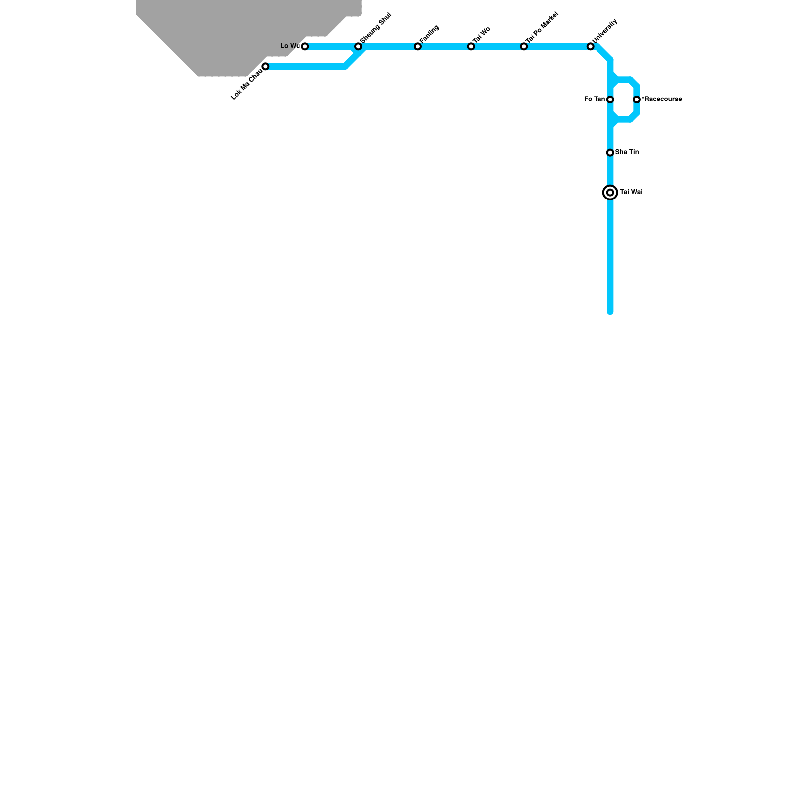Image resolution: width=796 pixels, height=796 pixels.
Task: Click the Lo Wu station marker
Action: click(x=305, y=47)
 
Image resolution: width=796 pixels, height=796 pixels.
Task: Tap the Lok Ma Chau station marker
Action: click(x=265, y=67)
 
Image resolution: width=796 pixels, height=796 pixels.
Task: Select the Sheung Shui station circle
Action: click(x=358, y=47)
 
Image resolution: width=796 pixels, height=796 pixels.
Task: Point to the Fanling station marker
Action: click(x=418, y=47)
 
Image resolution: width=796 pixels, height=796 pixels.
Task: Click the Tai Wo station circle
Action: click(x=471, y=47)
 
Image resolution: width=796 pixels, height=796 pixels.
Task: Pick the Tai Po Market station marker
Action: click(x=524, y=47)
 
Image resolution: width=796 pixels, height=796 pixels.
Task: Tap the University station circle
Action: click(x=590, y=47)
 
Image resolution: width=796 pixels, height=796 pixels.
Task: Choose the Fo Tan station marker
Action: click(x=610, y=99)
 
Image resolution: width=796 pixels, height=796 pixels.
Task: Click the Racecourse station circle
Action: click(x=637, y=99)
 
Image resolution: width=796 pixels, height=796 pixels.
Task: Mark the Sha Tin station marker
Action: click(x=610, y=153)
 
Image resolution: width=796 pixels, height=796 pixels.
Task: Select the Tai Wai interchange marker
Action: click(x=610, y=193)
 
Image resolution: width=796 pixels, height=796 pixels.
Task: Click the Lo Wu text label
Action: click(x=290, y=46)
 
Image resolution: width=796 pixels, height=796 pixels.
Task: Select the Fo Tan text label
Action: click(x=595, y=99)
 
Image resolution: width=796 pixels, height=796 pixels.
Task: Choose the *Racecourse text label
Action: click(x=662, y=99)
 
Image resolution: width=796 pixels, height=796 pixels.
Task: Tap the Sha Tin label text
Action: click(x=627, y=152)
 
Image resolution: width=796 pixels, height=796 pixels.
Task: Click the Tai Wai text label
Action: click(x=631, y=192)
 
